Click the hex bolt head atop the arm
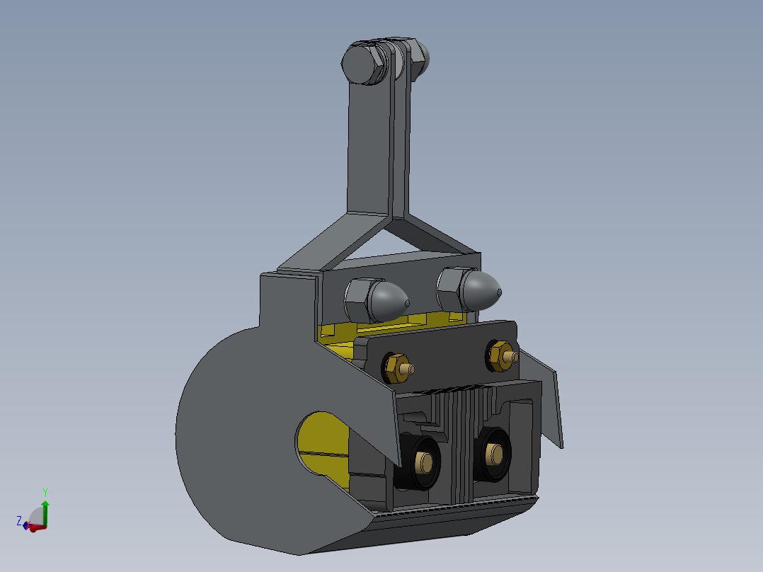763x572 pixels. click(362, 63)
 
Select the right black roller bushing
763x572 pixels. click(493, 454)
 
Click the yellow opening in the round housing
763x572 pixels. click(323, 442)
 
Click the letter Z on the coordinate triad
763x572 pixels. click(19, 520)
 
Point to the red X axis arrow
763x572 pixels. click(38, 527)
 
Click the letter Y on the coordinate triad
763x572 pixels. click(45, 492)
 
